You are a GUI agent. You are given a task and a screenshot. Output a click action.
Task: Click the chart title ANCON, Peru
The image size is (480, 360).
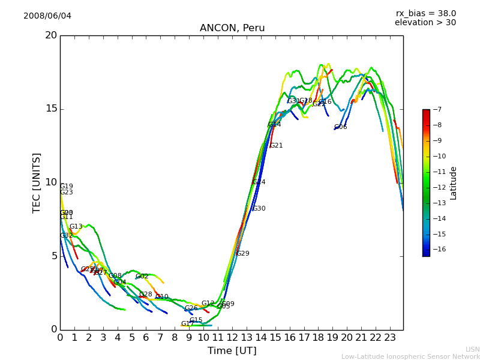[232, 28]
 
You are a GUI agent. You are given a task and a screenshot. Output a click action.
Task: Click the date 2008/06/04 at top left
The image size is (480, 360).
[47, 16]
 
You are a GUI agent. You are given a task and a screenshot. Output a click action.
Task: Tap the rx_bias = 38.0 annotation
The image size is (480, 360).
[425, 13]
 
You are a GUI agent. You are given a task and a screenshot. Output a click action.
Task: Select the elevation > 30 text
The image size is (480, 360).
[425, 23]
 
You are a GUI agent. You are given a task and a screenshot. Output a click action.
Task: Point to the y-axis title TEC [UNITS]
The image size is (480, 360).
[37, 182]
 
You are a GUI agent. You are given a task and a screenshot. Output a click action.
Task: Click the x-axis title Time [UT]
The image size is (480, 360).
[232, 351]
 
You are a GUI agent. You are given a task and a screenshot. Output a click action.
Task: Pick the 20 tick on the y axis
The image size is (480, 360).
[51, 35]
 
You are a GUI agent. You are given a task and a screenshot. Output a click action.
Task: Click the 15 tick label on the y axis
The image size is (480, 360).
[51, 109]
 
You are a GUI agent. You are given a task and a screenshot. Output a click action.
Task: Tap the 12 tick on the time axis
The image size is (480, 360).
[232, 337]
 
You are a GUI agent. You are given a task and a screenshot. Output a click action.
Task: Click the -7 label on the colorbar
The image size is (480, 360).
[437, 110]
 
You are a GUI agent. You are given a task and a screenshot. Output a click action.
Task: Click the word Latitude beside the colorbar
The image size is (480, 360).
[454, 183]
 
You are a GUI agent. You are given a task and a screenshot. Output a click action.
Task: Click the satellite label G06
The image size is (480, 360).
[340, 127]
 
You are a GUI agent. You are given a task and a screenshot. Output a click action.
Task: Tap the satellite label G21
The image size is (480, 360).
[276, 146]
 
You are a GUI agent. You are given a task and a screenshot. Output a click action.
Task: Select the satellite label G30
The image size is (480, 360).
[259, 209]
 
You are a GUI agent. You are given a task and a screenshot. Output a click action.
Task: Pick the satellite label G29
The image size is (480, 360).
[242, 254]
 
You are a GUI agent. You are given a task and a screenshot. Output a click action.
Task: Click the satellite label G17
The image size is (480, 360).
[187, 324]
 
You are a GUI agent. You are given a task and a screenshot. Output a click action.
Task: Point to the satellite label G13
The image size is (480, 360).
[76, 227]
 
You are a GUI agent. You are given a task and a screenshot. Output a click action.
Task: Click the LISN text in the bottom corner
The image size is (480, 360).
[472, 349]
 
